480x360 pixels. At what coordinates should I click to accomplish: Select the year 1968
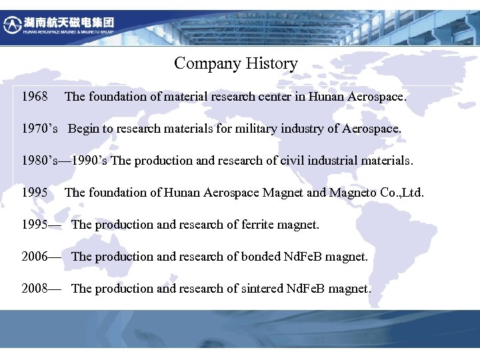34,97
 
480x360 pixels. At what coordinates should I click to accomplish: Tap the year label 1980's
41,161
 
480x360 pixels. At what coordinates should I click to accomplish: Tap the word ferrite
243,225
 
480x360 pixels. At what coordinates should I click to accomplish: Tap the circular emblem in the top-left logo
12,25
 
